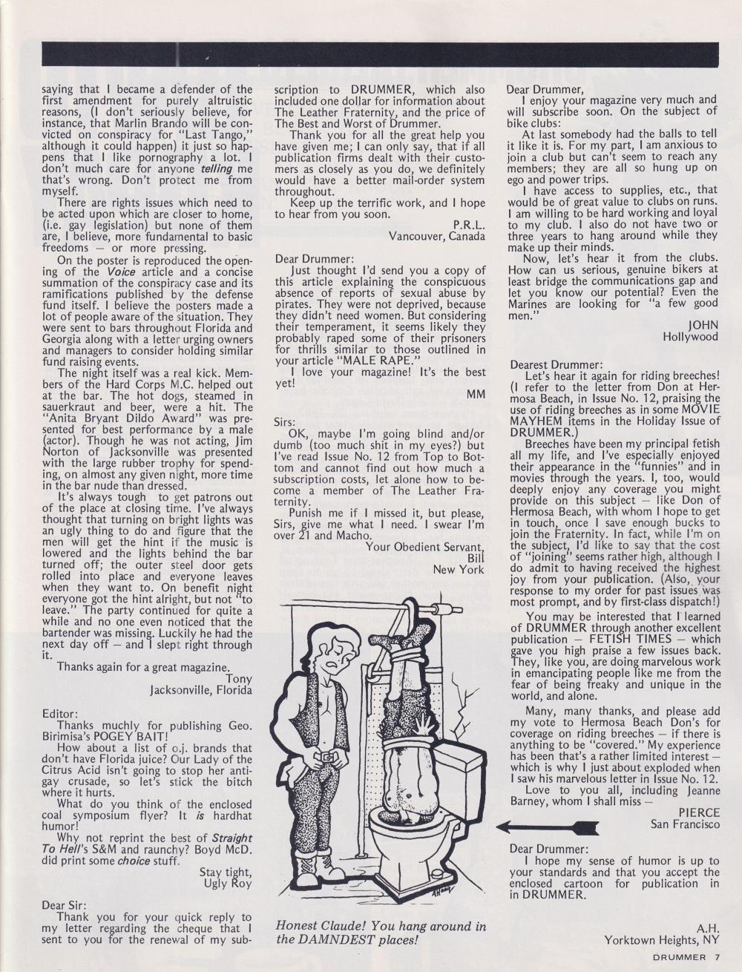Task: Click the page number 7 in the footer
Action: coord(717,956)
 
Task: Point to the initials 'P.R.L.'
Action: coord(469,223)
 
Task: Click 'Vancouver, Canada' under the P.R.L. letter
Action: coord(437,236)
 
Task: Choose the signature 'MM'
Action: coord(476,394)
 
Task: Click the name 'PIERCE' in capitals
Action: coord(699,812)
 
